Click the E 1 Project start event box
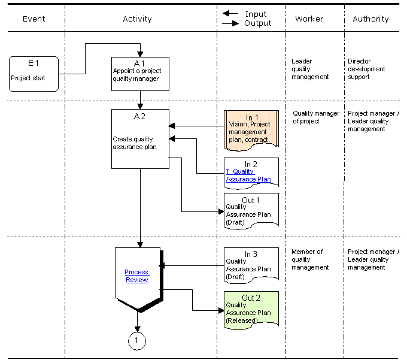(x=34, y=74)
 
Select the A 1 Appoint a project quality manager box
(x=140, y=74)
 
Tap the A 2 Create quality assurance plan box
(x=140, y=139)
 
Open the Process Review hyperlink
(x=137, y=276)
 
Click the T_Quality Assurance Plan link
(x=248, y=176)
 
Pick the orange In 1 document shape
(x=251, y=131)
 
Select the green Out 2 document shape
(x=251, y=310)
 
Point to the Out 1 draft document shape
(x=251, y=211)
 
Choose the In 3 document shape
(x=251, y=265)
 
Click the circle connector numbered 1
(x=137, y=341)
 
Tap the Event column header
(x=34, y=19)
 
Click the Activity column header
(x=137, y=19)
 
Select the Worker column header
(x=309, y=19)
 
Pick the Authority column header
(x=370, y=19)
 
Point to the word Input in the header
(x=256, y=14)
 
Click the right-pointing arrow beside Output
(x=230, y=23)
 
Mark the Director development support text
(x=366, y=69)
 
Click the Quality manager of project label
(x=316, y=117)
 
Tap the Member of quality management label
(x=310, y=259)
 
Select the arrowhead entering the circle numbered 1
(x=137, y=329)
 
